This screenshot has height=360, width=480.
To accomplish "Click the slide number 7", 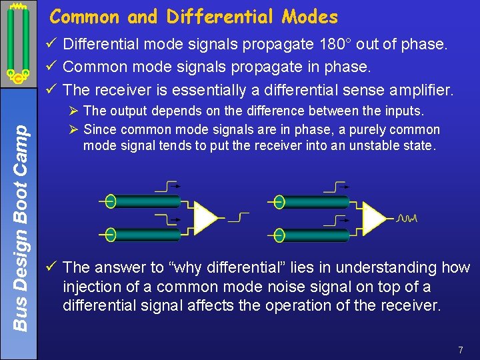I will (x=461, y=350).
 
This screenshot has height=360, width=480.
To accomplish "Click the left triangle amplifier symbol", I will (x=207, y=217).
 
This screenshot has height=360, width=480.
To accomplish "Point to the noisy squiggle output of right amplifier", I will (x=406, y=219).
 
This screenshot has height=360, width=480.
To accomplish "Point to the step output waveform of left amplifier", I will (x=238, y=217).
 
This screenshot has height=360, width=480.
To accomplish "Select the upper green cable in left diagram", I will (x=143, y=201).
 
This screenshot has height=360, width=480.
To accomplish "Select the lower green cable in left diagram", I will (x=143, y=234).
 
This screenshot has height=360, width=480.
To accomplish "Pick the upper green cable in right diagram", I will (x=311, y=201).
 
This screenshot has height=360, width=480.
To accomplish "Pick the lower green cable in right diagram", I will (x=311, y=234).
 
